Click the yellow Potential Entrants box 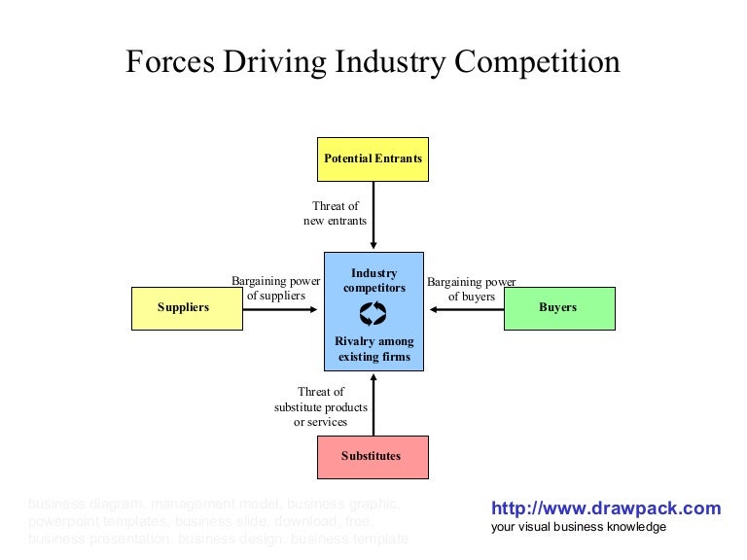(373, 158)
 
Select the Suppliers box (184, 308)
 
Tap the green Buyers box (558, 308)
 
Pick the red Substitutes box (372, 457)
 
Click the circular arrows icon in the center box (373, 313)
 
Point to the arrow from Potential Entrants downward (373, 216)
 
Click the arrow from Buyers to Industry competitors (467, 310)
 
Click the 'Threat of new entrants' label (336, 214)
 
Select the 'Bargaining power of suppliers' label (276, 289)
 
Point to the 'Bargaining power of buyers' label (472, 289)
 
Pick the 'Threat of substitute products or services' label (321, 407)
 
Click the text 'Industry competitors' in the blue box (374, 281)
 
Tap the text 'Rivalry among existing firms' (374, 349)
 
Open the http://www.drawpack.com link (606, 508)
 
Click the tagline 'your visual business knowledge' (579, 527)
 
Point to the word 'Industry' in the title (386, 62)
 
